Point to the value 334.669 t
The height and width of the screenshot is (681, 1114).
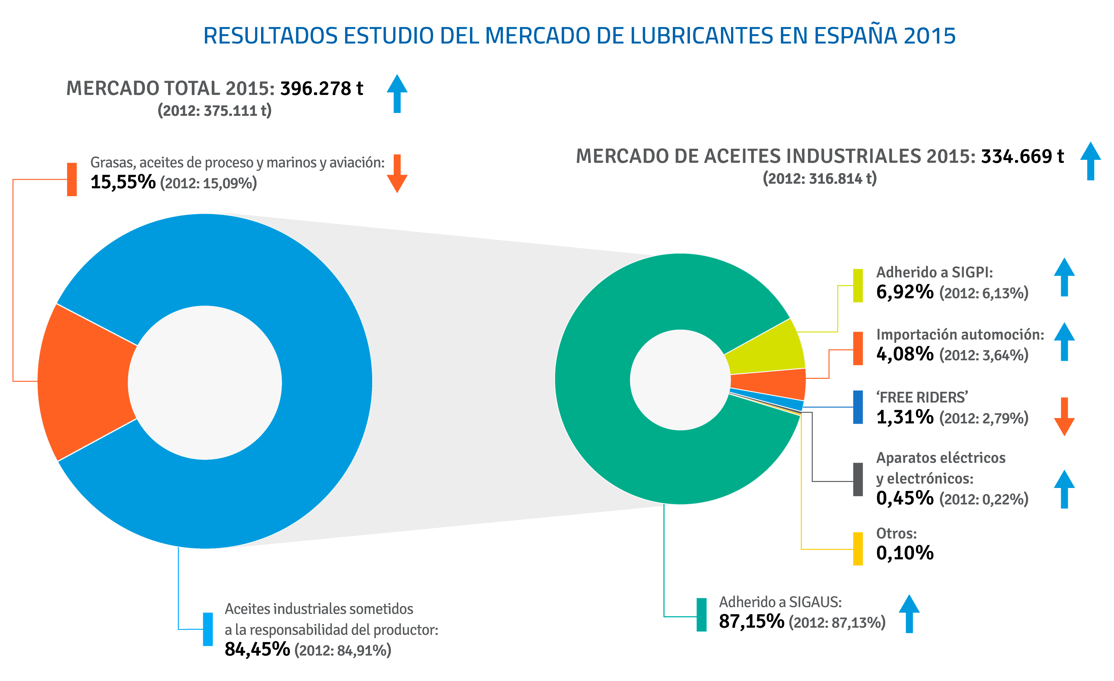pos(1022,156)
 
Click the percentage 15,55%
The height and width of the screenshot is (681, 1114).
pos(123,182)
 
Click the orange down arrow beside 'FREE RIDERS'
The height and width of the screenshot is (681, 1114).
pos(1064,416)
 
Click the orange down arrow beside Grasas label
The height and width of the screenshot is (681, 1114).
pos(397,174)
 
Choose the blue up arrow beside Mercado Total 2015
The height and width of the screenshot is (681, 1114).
pos(397,94)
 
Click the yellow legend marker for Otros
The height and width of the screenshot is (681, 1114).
pos(858,549)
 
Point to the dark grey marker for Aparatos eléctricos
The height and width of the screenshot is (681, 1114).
pos(858,479)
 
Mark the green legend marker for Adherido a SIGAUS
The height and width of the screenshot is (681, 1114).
pos(701,615)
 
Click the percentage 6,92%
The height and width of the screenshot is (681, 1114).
pos(905,292)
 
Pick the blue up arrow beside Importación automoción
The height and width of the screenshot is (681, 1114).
pos(1064,341)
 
